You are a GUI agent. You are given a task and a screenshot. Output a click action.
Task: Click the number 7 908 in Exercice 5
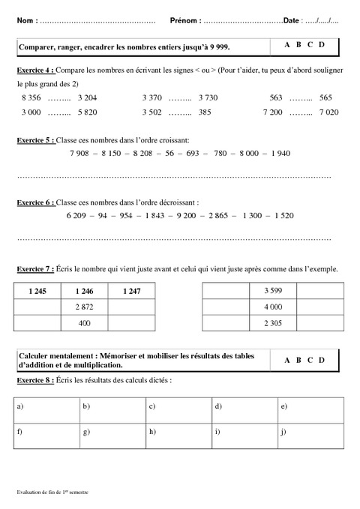(79, 153)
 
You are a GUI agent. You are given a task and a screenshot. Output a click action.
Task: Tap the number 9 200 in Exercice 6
(187, 216)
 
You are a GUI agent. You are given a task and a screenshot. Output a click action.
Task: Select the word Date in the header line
(293, 20)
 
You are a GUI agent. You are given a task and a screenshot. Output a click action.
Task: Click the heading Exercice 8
(34, 381)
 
